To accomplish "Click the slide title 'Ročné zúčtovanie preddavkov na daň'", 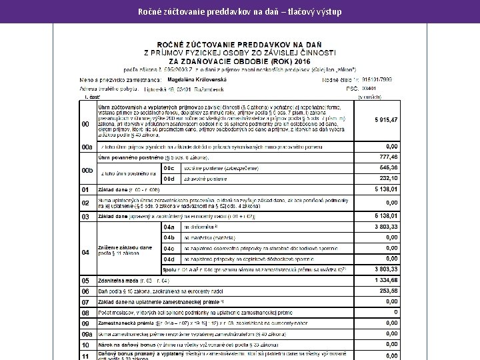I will [240, 11].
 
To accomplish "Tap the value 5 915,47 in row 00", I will [385, 119].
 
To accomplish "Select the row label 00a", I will [87, 147].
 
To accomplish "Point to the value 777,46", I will [388, 157].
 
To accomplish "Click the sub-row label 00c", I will [169, 168].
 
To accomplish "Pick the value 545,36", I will [388, 167].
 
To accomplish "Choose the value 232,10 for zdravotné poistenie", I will [388, 178].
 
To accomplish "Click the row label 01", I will [85, 190].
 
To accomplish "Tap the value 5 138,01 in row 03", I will [385, 216].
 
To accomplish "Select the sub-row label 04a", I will [169, 227].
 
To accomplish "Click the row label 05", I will [85, 281].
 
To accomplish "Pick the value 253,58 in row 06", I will [388, 291].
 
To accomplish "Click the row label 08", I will [85, 313].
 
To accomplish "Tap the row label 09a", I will [87, 334].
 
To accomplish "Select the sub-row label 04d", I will [169, 259].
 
